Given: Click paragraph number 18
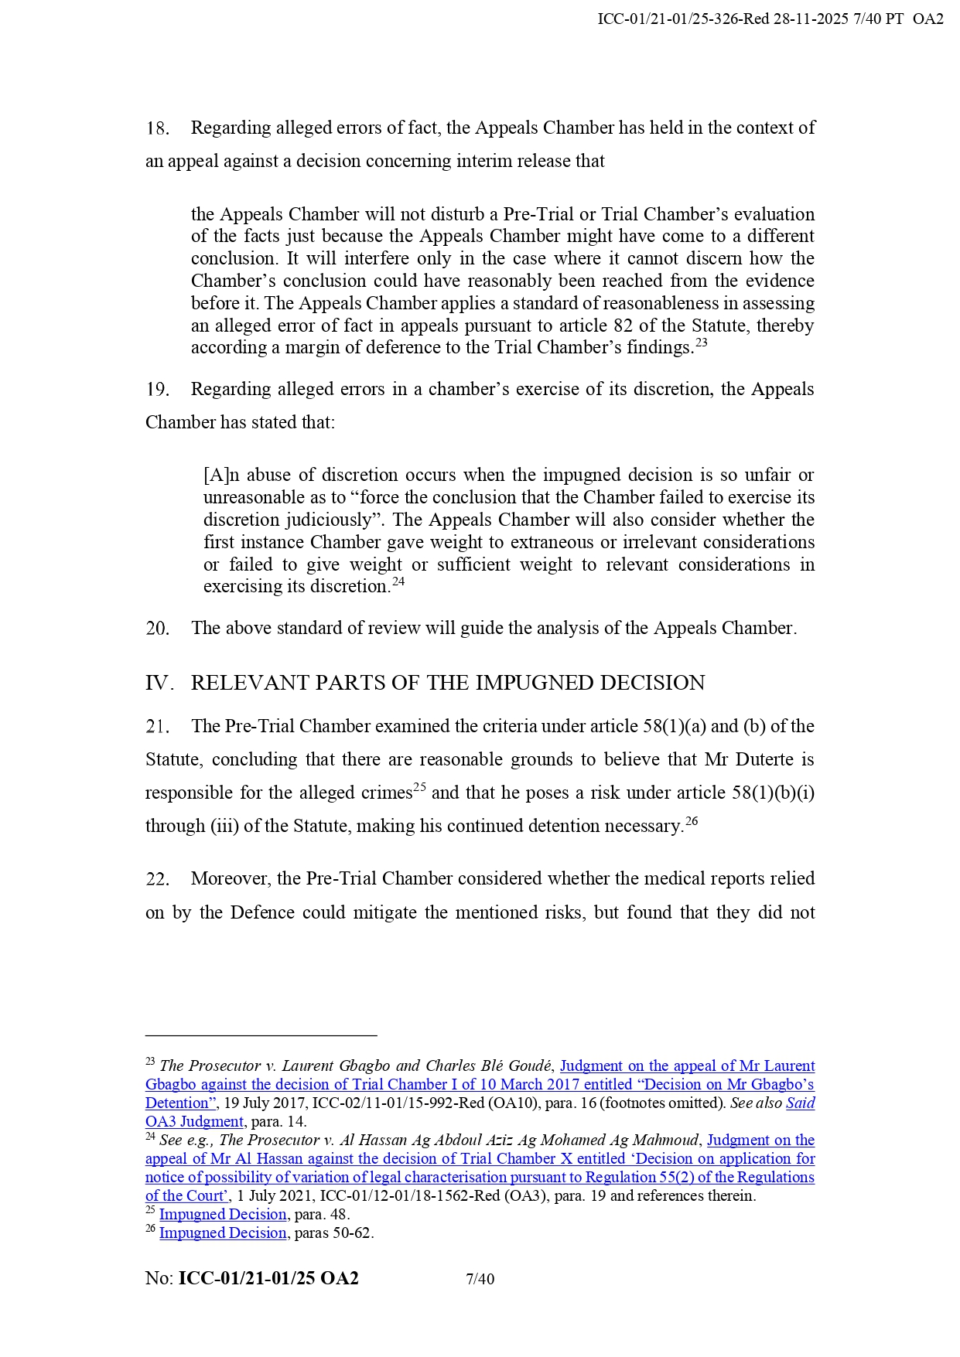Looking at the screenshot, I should click(157, 128).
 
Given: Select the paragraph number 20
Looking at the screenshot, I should click(157, 629).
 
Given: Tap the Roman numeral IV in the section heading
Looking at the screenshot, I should click(157, 684).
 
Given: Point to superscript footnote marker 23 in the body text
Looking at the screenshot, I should click(701, 343).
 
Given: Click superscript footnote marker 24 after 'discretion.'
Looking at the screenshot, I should click(398, 581).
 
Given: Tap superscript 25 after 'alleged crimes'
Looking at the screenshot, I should click(419, 788).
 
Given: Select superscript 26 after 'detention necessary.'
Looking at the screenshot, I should click(692, 821).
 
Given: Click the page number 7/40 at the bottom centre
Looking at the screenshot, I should click(480, 1279).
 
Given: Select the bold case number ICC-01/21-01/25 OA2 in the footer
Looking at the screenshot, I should click(268, 1279).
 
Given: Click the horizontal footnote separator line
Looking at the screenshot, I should click(261, 1035).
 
